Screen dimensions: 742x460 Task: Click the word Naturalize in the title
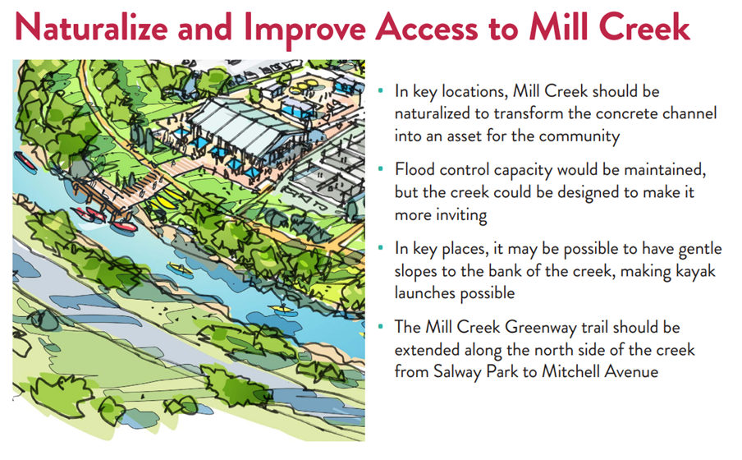tap(92, 27)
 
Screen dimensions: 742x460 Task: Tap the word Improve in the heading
tap(305, 30)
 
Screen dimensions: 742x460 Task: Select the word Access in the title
tap(427, 27)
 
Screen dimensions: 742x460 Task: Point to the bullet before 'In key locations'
tap(381, 90)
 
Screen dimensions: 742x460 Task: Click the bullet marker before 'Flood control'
tap(381, 168)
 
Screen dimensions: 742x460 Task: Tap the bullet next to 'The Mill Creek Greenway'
tap(381, 326)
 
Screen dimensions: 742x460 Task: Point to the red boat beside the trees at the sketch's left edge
tap(25, 161)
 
